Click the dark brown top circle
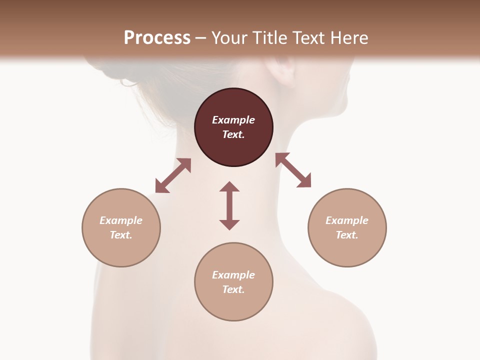(233, 127)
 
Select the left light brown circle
(121, 227)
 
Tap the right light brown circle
(347, 227)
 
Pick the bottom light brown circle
(233, 282)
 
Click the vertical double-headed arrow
(229, 205)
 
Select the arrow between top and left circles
(173, 175)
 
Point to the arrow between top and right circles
(293, 170)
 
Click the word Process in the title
(157, 37)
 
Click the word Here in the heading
(348, 37)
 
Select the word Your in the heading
(228, 37)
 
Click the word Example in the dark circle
(233, 120)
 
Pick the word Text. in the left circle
(121, 235)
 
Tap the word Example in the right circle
(347, 220)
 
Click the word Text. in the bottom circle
(233, 289)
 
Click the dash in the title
(201, 38)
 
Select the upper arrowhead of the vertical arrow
(229, 186)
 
